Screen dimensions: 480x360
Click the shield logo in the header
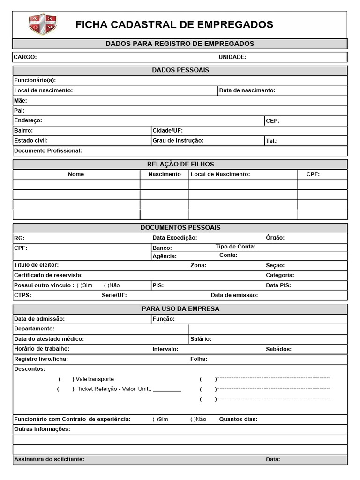pyautogui.click(x=43, y=24)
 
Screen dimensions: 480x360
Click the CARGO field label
pyautogui.click(x=25, y=57)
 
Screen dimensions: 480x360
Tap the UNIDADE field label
pyautogui.click(x=232, y=57)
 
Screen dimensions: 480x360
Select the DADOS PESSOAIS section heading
pyautogui.click(x=180, y=70)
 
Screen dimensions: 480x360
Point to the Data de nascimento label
pyautogui.click(x=247, y=90)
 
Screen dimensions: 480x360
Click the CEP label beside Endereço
pyautogui.click(x=273, y=120)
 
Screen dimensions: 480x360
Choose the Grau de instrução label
pyautogui.click(x=178, y=140)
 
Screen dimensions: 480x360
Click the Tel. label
pyautogui.click(x=272, y=141)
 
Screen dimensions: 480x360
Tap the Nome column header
pyautogui.click(x=76, y=174)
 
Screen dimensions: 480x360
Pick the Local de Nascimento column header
pyautogui.click(x=220, y=174)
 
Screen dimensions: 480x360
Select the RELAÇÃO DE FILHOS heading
pyautogui.click(x=180, y=164)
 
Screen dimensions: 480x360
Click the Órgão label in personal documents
pyautogui.click(x=275, y=238)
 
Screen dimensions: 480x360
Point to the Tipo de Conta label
pyautogui.click(x=235, y=247)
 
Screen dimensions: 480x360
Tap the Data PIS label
pyautogui.click(x=278, y=285)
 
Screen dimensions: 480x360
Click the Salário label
pyautogui.click(x=201, y=338)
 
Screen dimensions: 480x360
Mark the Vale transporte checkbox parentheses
pyautogui.click(x=66, y=379)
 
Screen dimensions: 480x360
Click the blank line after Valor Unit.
pyautogui.click(x=167, y=390)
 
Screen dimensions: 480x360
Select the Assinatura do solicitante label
pyautogui.click(x=49, y=459)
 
